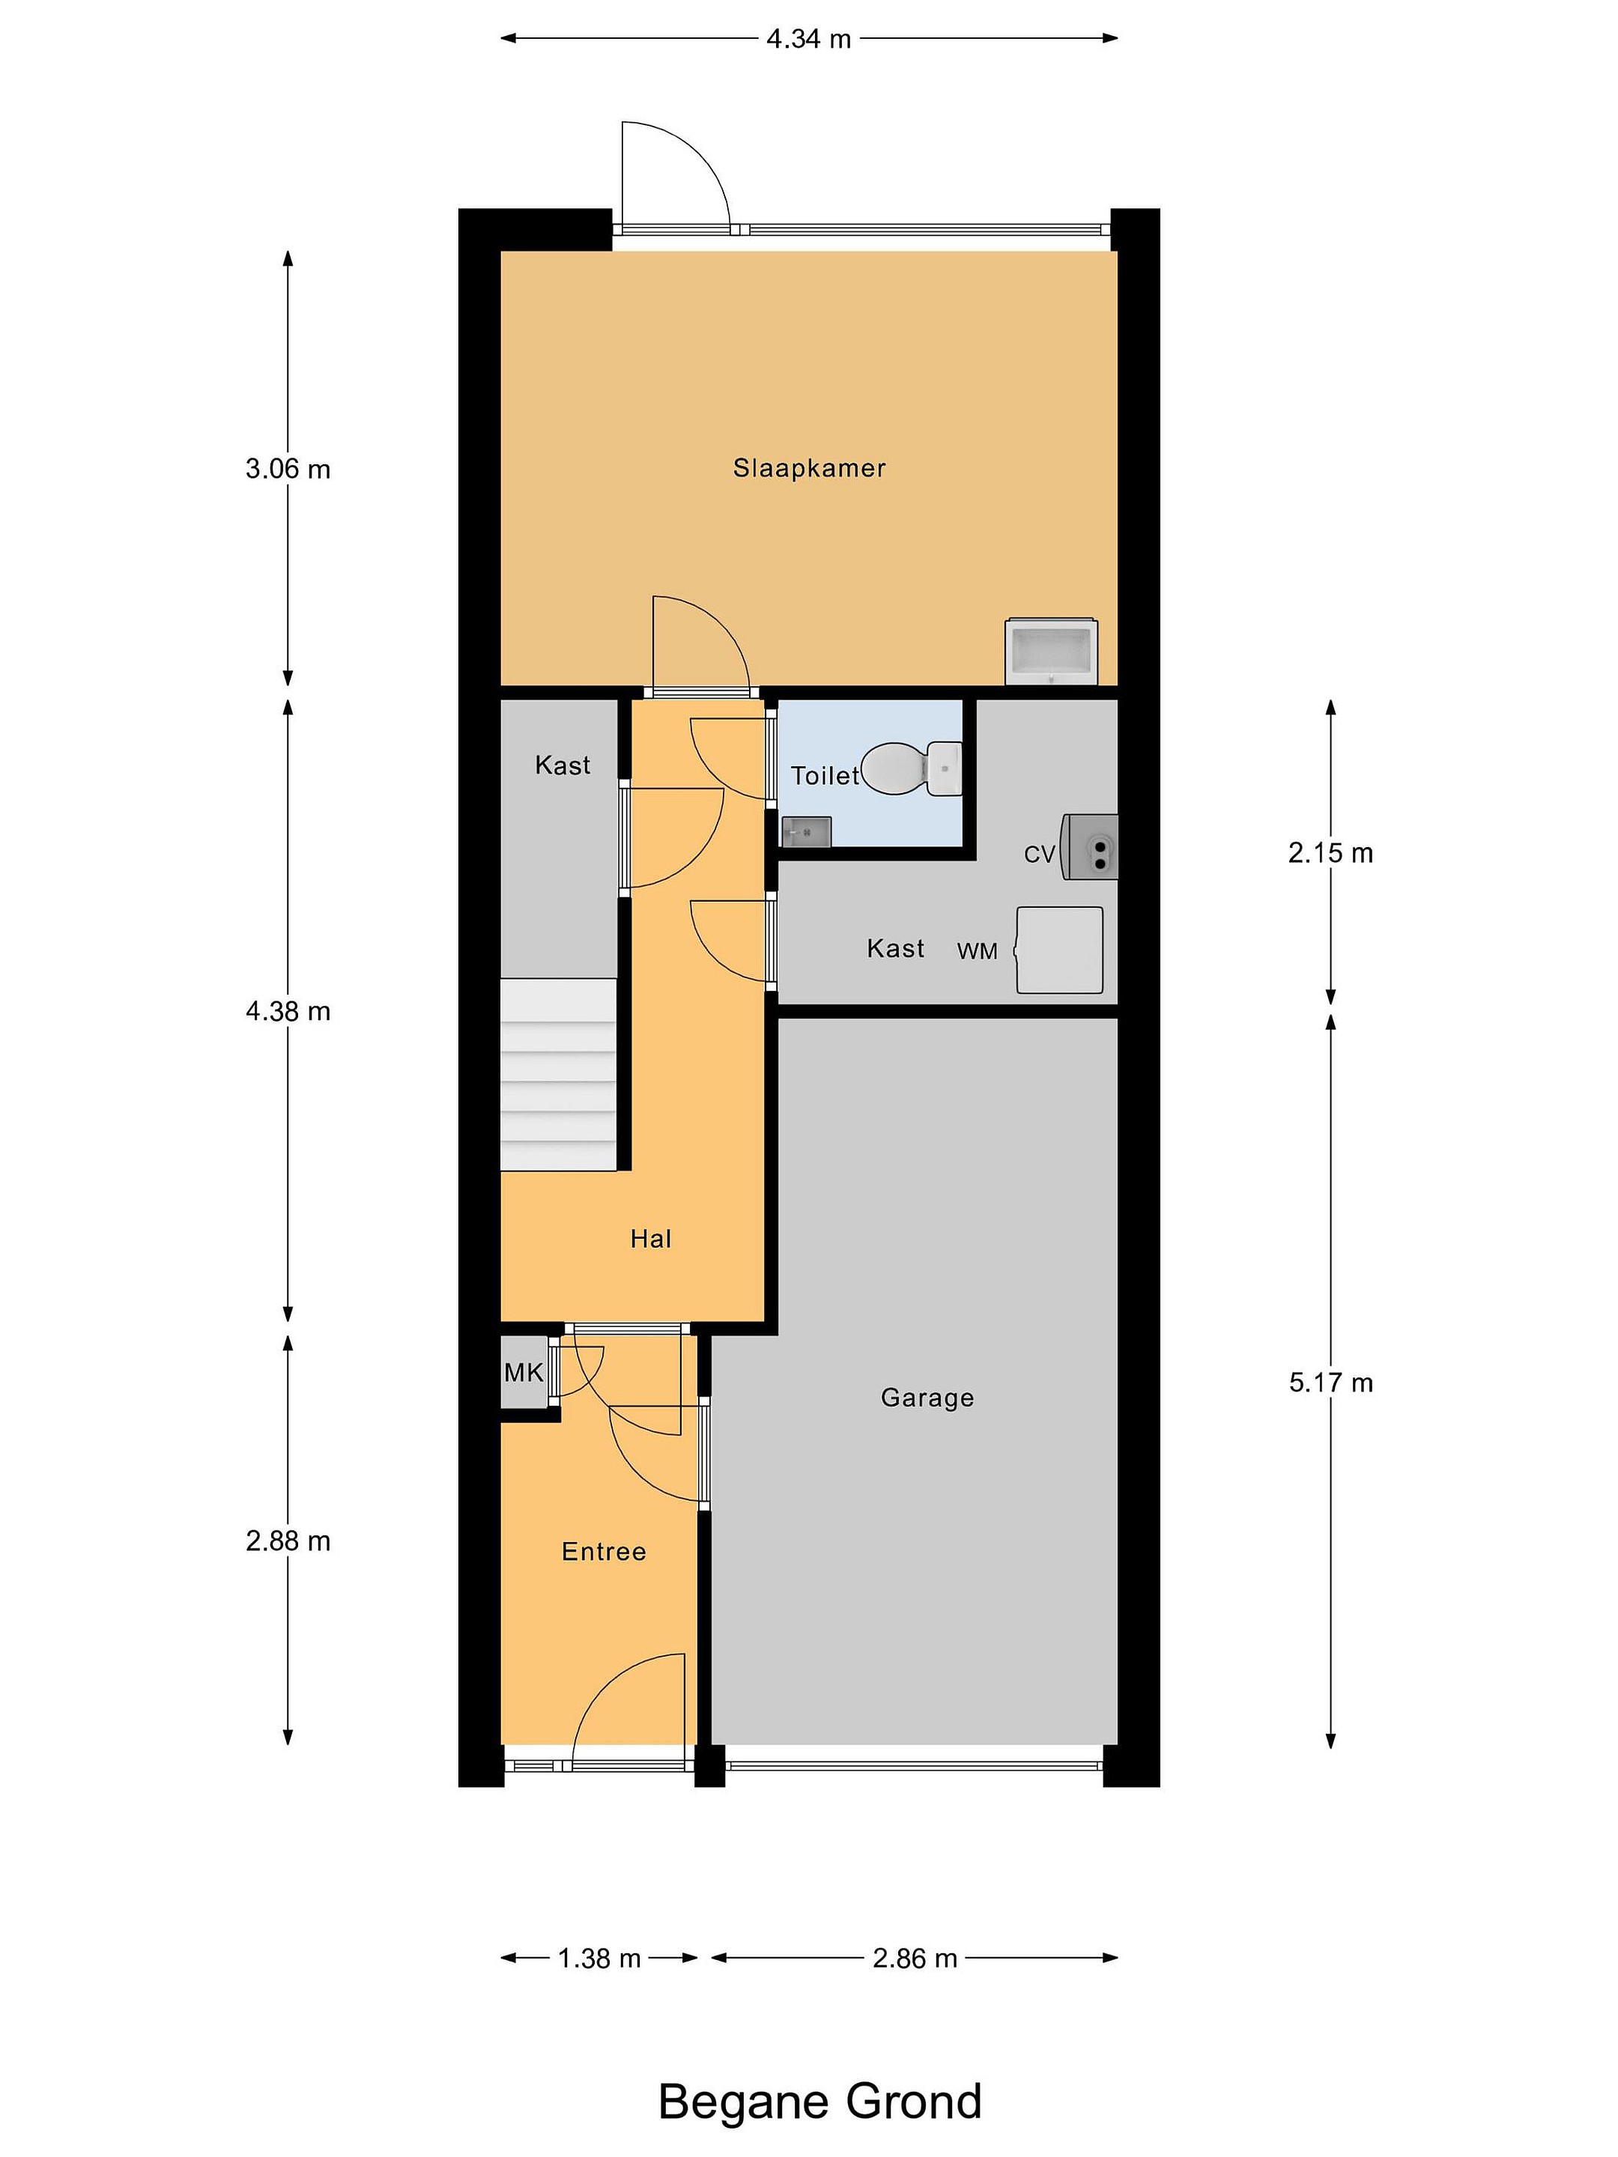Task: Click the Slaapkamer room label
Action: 810,468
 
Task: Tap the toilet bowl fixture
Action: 911,768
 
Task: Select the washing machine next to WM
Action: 1059,950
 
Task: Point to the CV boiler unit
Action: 1089,846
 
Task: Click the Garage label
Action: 927,1398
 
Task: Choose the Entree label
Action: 604,1551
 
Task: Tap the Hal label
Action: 650,1239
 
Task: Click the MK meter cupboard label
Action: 524,1373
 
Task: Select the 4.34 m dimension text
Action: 808,39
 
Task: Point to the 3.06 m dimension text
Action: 288,469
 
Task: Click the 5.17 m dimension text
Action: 1330,1383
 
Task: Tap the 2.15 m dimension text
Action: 1330,853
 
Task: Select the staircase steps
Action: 559,1075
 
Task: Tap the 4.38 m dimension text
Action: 288,1011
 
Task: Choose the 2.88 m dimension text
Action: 288,1541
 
